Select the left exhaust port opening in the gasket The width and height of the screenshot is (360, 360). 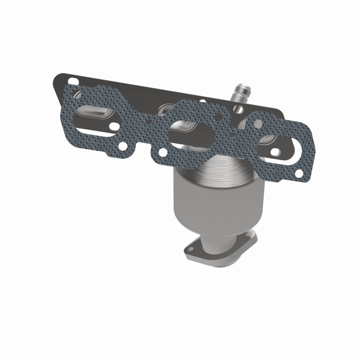95,119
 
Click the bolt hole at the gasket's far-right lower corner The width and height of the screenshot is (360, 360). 299,173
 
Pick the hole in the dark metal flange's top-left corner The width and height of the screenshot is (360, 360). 74,82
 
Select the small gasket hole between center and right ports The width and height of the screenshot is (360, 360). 232,135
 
